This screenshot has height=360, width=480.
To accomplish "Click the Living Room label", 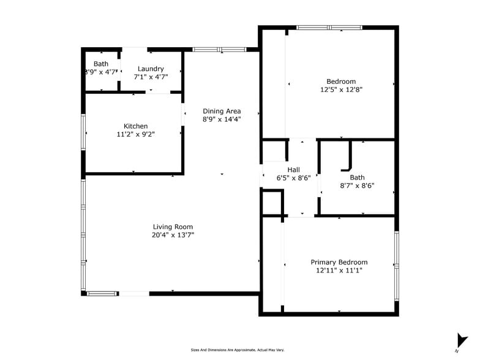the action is pos(173,227).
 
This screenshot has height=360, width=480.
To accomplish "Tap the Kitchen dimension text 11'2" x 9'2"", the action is pos(136,134).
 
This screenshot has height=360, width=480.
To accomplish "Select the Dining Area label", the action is pos(222,111).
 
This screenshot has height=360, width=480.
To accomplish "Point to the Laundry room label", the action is pos(151,69).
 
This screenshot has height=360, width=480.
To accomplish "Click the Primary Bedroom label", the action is pos(339,262).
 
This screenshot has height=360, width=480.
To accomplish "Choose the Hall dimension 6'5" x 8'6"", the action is pos(294,178).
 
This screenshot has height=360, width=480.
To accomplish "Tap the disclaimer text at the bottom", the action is pos(238,350).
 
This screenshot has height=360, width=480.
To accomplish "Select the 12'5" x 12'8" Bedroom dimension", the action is pos(342,89).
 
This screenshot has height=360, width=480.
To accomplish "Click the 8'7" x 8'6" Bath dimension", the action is pos(358,186).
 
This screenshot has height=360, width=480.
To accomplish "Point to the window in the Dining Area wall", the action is pos(219,50).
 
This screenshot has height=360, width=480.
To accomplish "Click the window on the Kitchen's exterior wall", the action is pos(83,132).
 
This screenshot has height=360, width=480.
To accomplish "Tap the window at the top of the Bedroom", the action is pos(329,28).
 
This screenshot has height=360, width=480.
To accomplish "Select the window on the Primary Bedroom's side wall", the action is pos(397,266).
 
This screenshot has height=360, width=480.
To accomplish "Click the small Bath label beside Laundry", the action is pos(101,64).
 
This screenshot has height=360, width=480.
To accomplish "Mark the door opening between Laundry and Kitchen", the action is pos(158,92).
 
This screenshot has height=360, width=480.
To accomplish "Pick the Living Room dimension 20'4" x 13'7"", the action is pos(173,235).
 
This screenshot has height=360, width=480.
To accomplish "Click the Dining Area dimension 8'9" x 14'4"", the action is pos(222,119).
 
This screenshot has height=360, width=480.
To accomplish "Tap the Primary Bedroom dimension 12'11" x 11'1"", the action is pos(339,271).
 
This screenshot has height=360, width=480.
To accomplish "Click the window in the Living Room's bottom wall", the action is pos(103,294).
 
